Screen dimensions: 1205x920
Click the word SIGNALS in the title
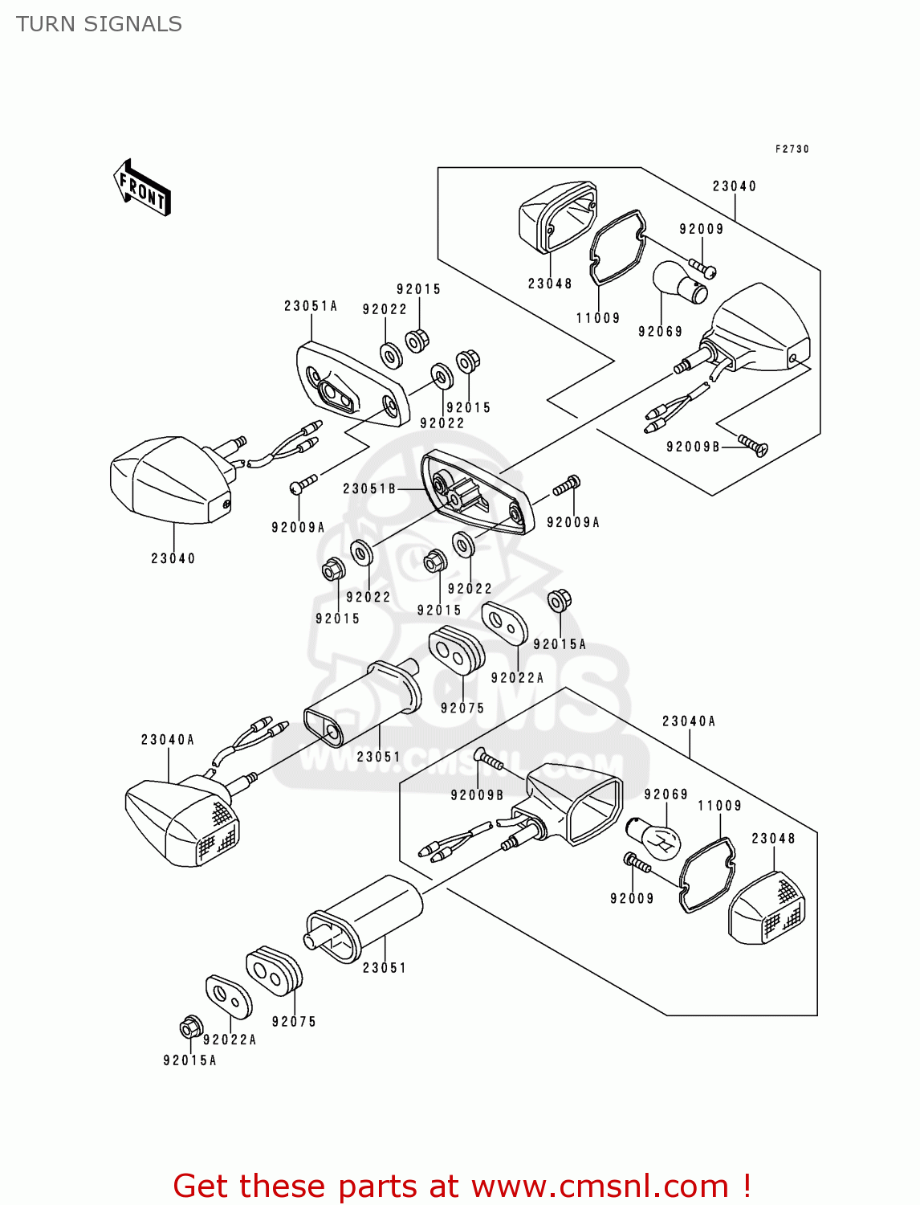pos(132,24)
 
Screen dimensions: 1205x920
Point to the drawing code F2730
pos(792,149)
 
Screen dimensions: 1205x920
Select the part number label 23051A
pos(311,306)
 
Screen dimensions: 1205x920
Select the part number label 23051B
pos(369,488)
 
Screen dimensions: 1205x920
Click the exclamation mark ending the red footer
pos(747,1186)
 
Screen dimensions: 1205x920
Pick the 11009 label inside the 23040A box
pos(719,806)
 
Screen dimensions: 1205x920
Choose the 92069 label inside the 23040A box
pos(666,794)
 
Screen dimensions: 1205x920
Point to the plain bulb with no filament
pos(679,283)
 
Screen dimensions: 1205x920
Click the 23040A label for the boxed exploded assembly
pos(689,721)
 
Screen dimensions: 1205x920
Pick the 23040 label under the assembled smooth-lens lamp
pos(173,558)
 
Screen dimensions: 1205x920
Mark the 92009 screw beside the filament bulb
pos(637,864)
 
